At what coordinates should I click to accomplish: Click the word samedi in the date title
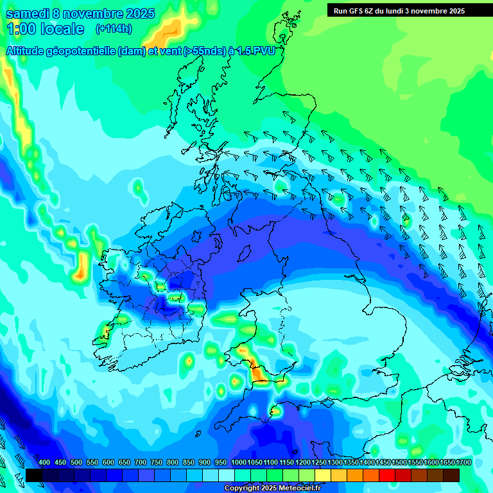(28, 13)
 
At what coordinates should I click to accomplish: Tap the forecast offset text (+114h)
(114, 29)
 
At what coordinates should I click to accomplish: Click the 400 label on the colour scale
(44, 463)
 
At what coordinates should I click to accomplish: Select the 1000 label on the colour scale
(238, 463)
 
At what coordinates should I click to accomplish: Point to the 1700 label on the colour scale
(447, 463)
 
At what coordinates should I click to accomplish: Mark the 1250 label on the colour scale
(319, 463)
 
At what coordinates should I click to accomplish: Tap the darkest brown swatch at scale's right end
(451, 475)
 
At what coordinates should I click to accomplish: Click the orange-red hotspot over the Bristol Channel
(259, 373)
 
